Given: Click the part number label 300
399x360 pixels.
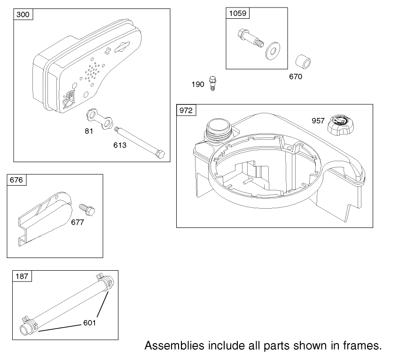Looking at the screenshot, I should [x=23, y=15].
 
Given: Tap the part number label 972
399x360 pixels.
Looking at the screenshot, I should [x=186, y=111].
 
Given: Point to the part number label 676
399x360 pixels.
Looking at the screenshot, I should [x=16, y=180].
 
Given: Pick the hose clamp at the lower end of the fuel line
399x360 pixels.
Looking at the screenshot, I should [x=27, y=325].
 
